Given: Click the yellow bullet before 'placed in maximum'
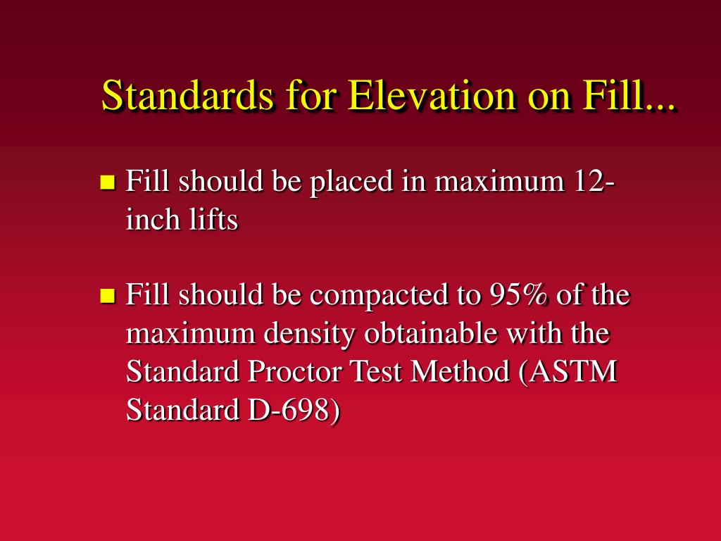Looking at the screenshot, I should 108,182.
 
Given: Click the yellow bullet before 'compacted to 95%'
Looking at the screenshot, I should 108,295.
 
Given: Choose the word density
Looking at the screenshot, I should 309,334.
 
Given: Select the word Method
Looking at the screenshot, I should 460,371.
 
